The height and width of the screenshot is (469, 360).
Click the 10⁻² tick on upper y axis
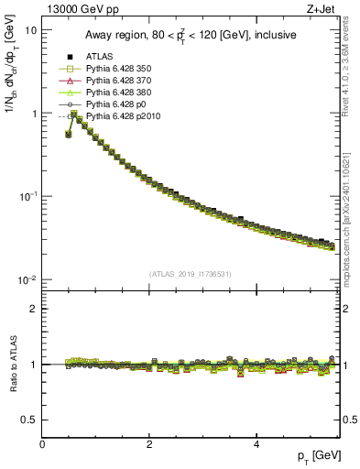pyautogui.click(x=27, y=280)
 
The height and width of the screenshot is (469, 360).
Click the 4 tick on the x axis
pyautogui.click(x=256, y=444)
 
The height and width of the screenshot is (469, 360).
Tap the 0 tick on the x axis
pyautogui.click(x=42, y=444)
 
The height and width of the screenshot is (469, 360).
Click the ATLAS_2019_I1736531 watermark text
pyautogui.click(x=191, y=274)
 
